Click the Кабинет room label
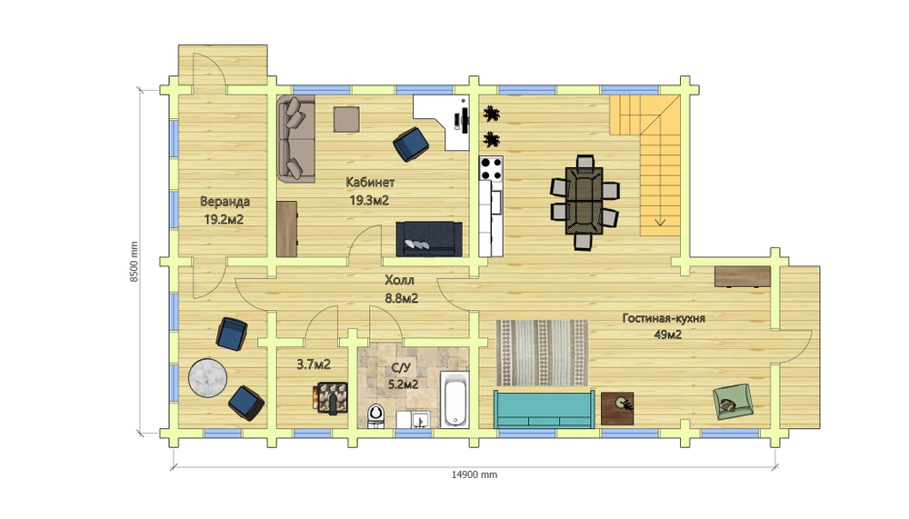tap(370, 182)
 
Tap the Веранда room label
tap(225, 202)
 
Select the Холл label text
tap(399, 281)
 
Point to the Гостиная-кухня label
tap(664, 318)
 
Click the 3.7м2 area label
tap(314, 364)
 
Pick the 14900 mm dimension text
tap(474, 474)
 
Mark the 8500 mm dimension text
tap(134, 262)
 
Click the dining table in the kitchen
tap(584, 201)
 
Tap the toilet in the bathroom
tap(376, 415)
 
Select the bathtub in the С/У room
tap(455, 400)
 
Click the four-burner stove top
tap(491, 168)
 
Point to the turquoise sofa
tap(544, 409)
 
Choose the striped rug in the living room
tap(542, 353)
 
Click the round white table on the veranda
tap(207, 378)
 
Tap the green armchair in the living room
tap(733, 401)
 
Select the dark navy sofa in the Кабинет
tap(429, 239)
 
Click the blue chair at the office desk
tap(411, 144)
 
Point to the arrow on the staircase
tap(660, 222)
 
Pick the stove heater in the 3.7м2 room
tap(332, 398)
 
